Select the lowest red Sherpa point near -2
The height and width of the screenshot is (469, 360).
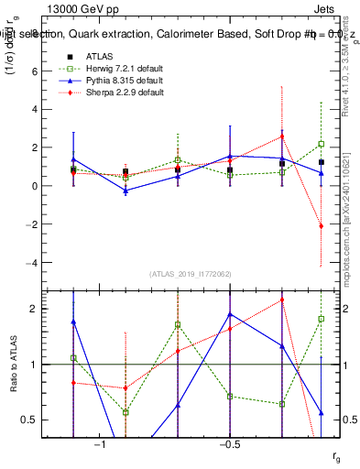(x=322, y=225)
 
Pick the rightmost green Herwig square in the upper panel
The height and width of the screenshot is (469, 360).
(x=322, y=144)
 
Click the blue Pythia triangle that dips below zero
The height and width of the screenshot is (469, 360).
(x=125, y=191)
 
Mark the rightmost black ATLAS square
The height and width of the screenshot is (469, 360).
(x=322, y=162)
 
